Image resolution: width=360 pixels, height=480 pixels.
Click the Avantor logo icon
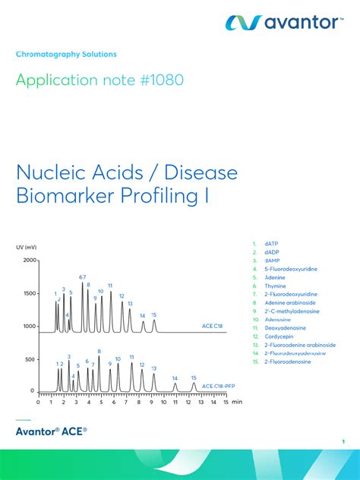[x=243, y=23]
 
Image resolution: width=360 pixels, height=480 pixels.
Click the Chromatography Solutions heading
[x=66, y=55]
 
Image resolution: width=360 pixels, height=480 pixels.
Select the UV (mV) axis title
[x=26, y=248]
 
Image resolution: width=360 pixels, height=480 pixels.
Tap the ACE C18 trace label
[x=213, y=326]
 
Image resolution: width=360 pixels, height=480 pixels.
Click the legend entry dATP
[x=272, y=245]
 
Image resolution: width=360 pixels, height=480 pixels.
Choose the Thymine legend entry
[x=276, y=286]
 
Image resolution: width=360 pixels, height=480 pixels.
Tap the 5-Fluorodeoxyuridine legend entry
[x=291, y=269]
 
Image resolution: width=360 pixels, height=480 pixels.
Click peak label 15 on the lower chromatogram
[x=194, y=377]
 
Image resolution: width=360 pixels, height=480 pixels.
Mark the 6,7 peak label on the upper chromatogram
[x=83, y=277]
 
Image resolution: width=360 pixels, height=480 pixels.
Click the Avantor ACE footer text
[x=52, y=431]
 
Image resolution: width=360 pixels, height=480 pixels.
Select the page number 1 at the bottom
[x=343, y=442]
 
